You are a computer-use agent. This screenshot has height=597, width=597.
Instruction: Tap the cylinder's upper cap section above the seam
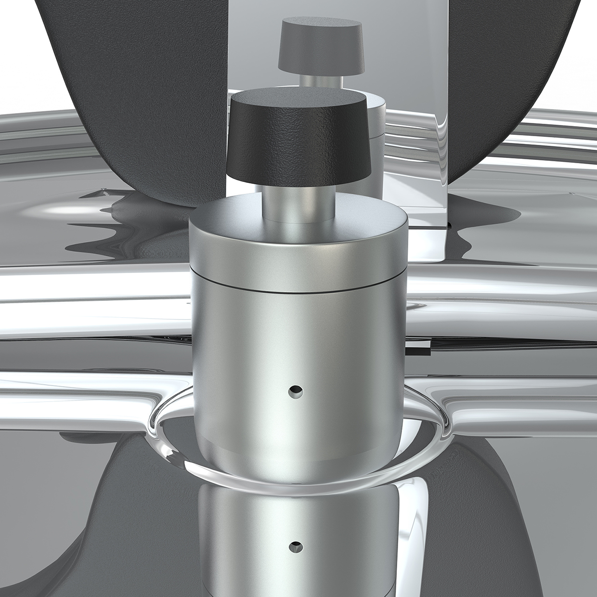pyautogui.click(x=298, y=265)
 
